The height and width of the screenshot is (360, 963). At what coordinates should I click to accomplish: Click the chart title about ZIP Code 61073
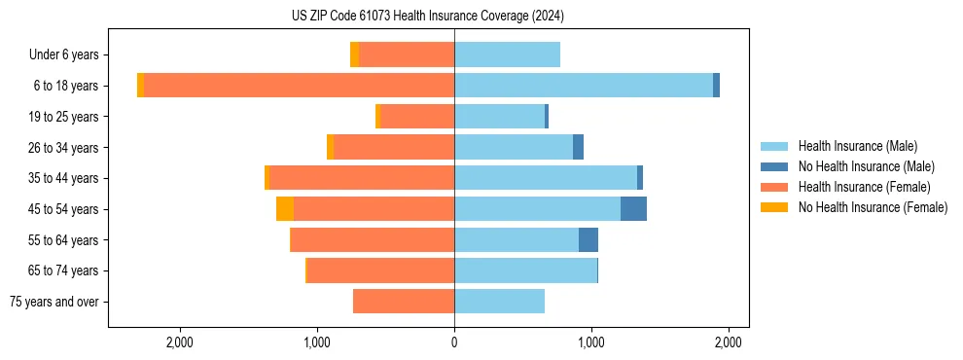click(428, 16)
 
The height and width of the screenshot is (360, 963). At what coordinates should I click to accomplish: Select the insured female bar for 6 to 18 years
click(299, 86)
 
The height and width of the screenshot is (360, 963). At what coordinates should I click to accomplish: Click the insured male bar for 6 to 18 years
click(584, 86)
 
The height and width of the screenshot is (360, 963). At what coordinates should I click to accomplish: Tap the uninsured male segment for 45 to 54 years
click(633, 209)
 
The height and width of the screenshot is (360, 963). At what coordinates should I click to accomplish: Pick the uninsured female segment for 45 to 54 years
click(285, 209)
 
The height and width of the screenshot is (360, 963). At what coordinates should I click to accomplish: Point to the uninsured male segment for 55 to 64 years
click(588, 240)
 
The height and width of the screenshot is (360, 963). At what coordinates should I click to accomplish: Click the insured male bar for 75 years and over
click(499, 302)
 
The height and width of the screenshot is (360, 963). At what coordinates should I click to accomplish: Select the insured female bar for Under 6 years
click(407, 54)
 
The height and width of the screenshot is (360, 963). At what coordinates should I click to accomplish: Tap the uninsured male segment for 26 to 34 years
click(578, 147)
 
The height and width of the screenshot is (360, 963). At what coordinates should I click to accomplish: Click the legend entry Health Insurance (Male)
click(857, 146)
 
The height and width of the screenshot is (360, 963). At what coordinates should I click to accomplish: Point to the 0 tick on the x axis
click(454, 342)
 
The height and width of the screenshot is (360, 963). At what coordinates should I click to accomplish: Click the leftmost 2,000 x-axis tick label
click(180, 342)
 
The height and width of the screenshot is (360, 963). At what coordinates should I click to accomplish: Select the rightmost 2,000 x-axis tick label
click(729, 342)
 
